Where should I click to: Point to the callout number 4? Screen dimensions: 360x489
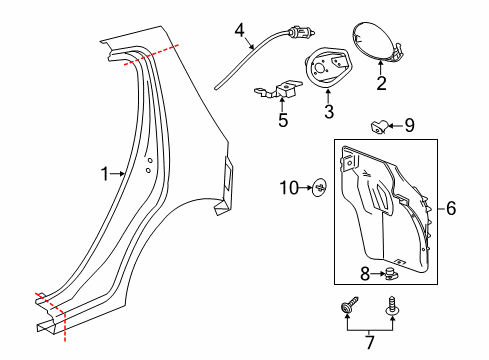pyautogui.click(x=239, y=32)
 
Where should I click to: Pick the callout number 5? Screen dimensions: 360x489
pyautogui.click(x=283, y=122)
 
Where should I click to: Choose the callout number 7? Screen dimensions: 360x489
pyautogui.click(x=369, y=343)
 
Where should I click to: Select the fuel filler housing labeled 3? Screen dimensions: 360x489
pyautogui.click(x=328, y=69)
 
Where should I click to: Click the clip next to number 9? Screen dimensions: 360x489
pyautogui.click(x=379, y=125)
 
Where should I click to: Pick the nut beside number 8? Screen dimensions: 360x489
pyautogui.click(x=391, y=272)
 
